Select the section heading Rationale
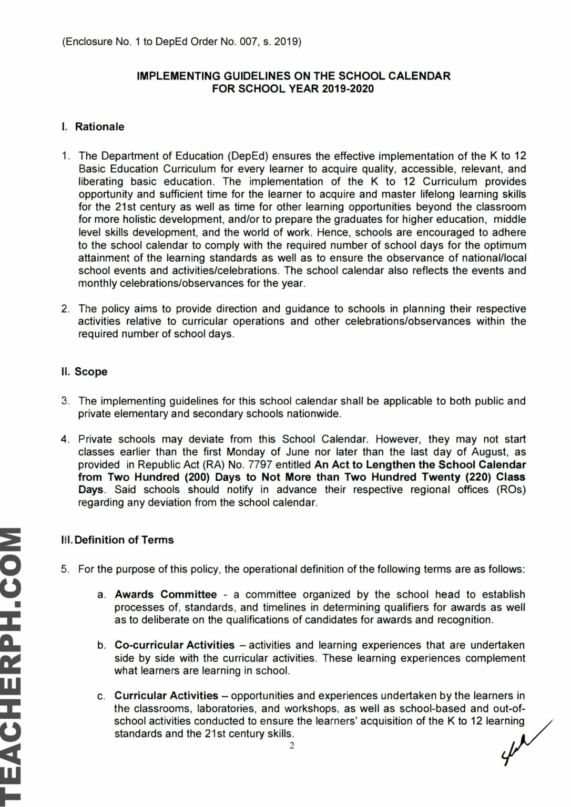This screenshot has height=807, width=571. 99,127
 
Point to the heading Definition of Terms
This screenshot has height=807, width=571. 124,540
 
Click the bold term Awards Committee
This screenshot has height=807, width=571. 166,594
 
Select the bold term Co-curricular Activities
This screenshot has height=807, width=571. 175,645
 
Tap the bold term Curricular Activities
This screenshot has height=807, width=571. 166,696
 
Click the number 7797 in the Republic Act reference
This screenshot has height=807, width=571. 268,464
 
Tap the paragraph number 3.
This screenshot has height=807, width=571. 65,401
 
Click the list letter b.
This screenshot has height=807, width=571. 101,645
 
